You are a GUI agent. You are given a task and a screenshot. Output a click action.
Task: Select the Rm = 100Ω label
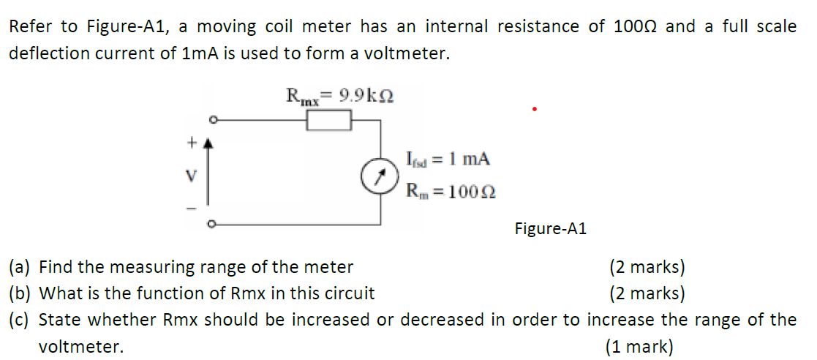coord(451,191)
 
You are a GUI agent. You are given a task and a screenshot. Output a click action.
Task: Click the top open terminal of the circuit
coord(212,120)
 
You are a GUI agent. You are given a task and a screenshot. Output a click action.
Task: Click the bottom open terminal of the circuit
coord(212,225)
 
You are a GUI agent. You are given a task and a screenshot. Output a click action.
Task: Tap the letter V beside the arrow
coord(192,176)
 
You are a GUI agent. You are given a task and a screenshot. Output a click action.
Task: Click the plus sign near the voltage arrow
coord(193,144)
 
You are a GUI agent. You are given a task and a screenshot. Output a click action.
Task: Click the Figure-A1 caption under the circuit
coord(550,229)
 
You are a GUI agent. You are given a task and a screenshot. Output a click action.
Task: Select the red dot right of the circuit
coord(535,110)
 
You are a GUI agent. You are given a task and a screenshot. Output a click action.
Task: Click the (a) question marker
coord(20,267)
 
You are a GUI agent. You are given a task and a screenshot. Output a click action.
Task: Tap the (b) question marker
coord(20,293)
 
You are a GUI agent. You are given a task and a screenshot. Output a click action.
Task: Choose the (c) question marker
coord(20,320)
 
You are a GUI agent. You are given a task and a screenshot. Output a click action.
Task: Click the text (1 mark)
coord(639,347)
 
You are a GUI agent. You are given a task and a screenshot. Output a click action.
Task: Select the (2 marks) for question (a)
coord(647,267)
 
